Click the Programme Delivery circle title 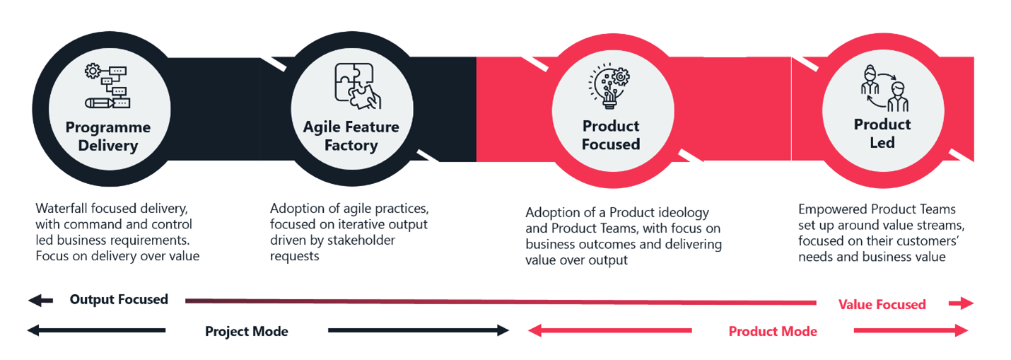pyautogui.click(x=108, y=137)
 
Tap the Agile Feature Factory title pyautogui.click(x=351, y=136)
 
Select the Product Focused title pyautogui.click(x=611, y=135)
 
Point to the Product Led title pyautogui.click(x=882, y=133)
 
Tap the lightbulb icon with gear pyautogui.click(x=609, y=86)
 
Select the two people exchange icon pyautogui.click(x=884, y=88)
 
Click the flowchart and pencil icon pyautogui.click(x=107, y=86)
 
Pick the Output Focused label pyautogui.click(x=119, y=299)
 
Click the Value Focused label pyautogui.click(x=882, y=304)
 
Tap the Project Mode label pyautogui.click(x=247, y=332)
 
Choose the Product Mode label pyautogui.click(x=773, y=332)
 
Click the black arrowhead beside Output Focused pyautogui.click(x=35, y=301)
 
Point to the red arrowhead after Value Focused pyautogui.click(x=966, y=303)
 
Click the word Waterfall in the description pyautogui.click(x=62, y=208)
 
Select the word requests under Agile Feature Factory pyautogui.click(x=294, y=256)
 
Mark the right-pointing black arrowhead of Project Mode pyautogui.click(x=503, y=330)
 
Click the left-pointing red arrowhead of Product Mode pyautogui.click(x=534, y=330)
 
